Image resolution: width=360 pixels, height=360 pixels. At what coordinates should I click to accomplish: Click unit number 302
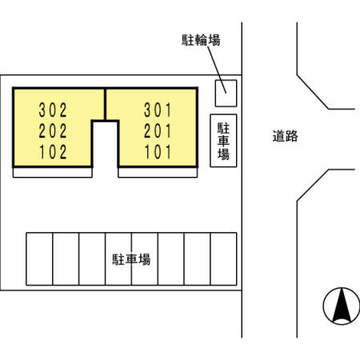(53, 110)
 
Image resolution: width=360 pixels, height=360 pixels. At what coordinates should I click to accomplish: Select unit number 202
(53, 131)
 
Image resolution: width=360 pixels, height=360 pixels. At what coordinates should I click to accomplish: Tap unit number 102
(53, 152)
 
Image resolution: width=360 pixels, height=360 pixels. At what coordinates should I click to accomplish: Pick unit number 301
(158, 110)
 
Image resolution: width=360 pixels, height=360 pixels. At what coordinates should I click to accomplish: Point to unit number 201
(158, 131)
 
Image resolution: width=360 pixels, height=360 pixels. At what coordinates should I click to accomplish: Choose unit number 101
(158, 152)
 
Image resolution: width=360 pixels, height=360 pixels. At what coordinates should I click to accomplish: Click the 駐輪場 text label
(201, 40)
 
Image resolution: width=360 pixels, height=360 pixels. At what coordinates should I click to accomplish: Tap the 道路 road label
(285, 136)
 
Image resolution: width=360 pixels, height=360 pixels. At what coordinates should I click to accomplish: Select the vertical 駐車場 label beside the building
(223, 141)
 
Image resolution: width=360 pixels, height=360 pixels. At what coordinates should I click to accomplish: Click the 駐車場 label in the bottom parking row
(131, 259)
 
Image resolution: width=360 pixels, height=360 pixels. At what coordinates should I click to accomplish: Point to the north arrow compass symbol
(342, 306)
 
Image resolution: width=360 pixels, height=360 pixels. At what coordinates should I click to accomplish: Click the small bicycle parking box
(226, 94)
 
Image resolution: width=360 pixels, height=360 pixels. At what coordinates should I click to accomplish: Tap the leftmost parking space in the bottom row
(39, 259)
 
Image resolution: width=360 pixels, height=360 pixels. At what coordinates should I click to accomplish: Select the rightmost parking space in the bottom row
(223, 259)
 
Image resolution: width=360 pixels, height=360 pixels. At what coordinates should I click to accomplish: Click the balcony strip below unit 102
(53, 173)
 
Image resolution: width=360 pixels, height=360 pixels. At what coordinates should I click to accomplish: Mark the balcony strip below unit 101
(158, 173)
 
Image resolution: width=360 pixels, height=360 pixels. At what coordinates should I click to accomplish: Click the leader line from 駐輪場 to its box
(217, 70)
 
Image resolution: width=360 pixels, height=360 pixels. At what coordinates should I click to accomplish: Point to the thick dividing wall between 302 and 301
(105, 105)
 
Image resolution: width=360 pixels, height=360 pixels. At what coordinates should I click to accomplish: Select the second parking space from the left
(66, 259)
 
